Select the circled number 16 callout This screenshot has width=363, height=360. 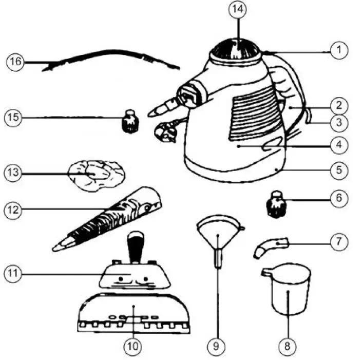(x=15, y=62)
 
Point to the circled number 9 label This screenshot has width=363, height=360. (x=217, y=346)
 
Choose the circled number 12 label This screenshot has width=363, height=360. (x=15, y=210)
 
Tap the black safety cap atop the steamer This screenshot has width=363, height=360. (x=237, y=49)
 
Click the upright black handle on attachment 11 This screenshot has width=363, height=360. (x=135, y=247)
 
